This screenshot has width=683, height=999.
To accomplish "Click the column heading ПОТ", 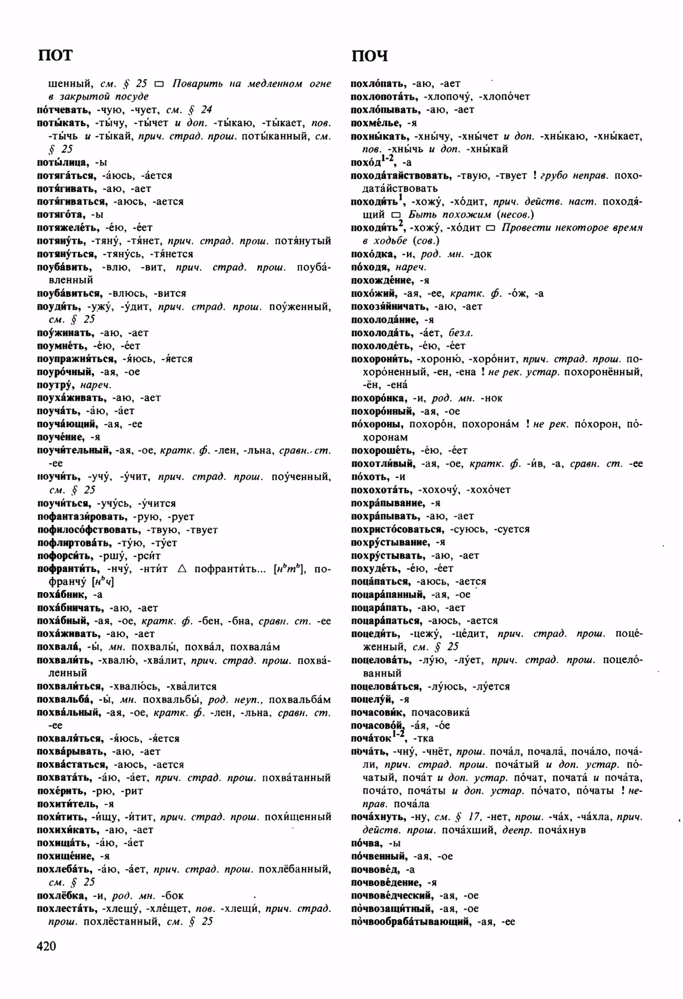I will (55, 56).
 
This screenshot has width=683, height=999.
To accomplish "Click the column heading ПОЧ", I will (369, 56).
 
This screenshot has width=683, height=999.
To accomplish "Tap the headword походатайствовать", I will (401, 175).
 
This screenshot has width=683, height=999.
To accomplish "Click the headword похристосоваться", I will (397, 529).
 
